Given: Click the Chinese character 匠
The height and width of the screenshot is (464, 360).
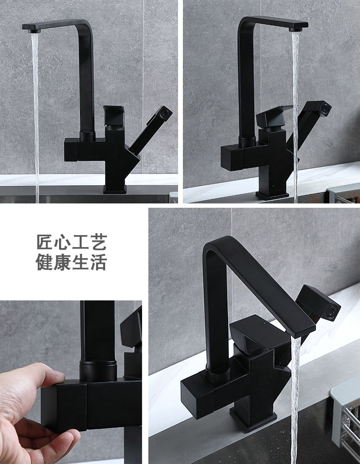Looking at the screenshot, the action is (x=45, y=242).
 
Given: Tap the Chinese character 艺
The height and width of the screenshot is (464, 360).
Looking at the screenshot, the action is (x=98, y=242).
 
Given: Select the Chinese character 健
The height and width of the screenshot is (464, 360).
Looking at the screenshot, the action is (x=45, y=262).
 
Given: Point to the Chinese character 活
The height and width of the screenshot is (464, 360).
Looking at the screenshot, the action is (x=98, y=262).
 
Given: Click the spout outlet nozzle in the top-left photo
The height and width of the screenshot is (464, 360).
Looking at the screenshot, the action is (x=34, y=31).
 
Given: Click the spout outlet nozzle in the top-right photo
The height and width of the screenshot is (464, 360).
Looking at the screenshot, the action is (x=296, y=29).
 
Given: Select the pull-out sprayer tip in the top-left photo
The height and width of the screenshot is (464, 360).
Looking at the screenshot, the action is (x=165, y=113).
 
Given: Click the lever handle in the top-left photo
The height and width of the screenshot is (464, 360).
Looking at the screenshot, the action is (x=114, y=116).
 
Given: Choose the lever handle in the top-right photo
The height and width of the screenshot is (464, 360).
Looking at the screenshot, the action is (x=274, y=116).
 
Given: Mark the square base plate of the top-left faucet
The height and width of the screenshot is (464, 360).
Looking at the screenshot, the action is (x=115, y=190).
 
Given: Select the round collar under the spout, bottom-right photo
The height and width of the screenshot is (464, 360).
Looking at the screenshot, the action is (x=218, y=373).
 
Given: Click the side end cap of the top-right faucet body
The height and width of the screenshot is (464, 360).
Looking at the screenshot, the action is (x=232, y=158).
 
